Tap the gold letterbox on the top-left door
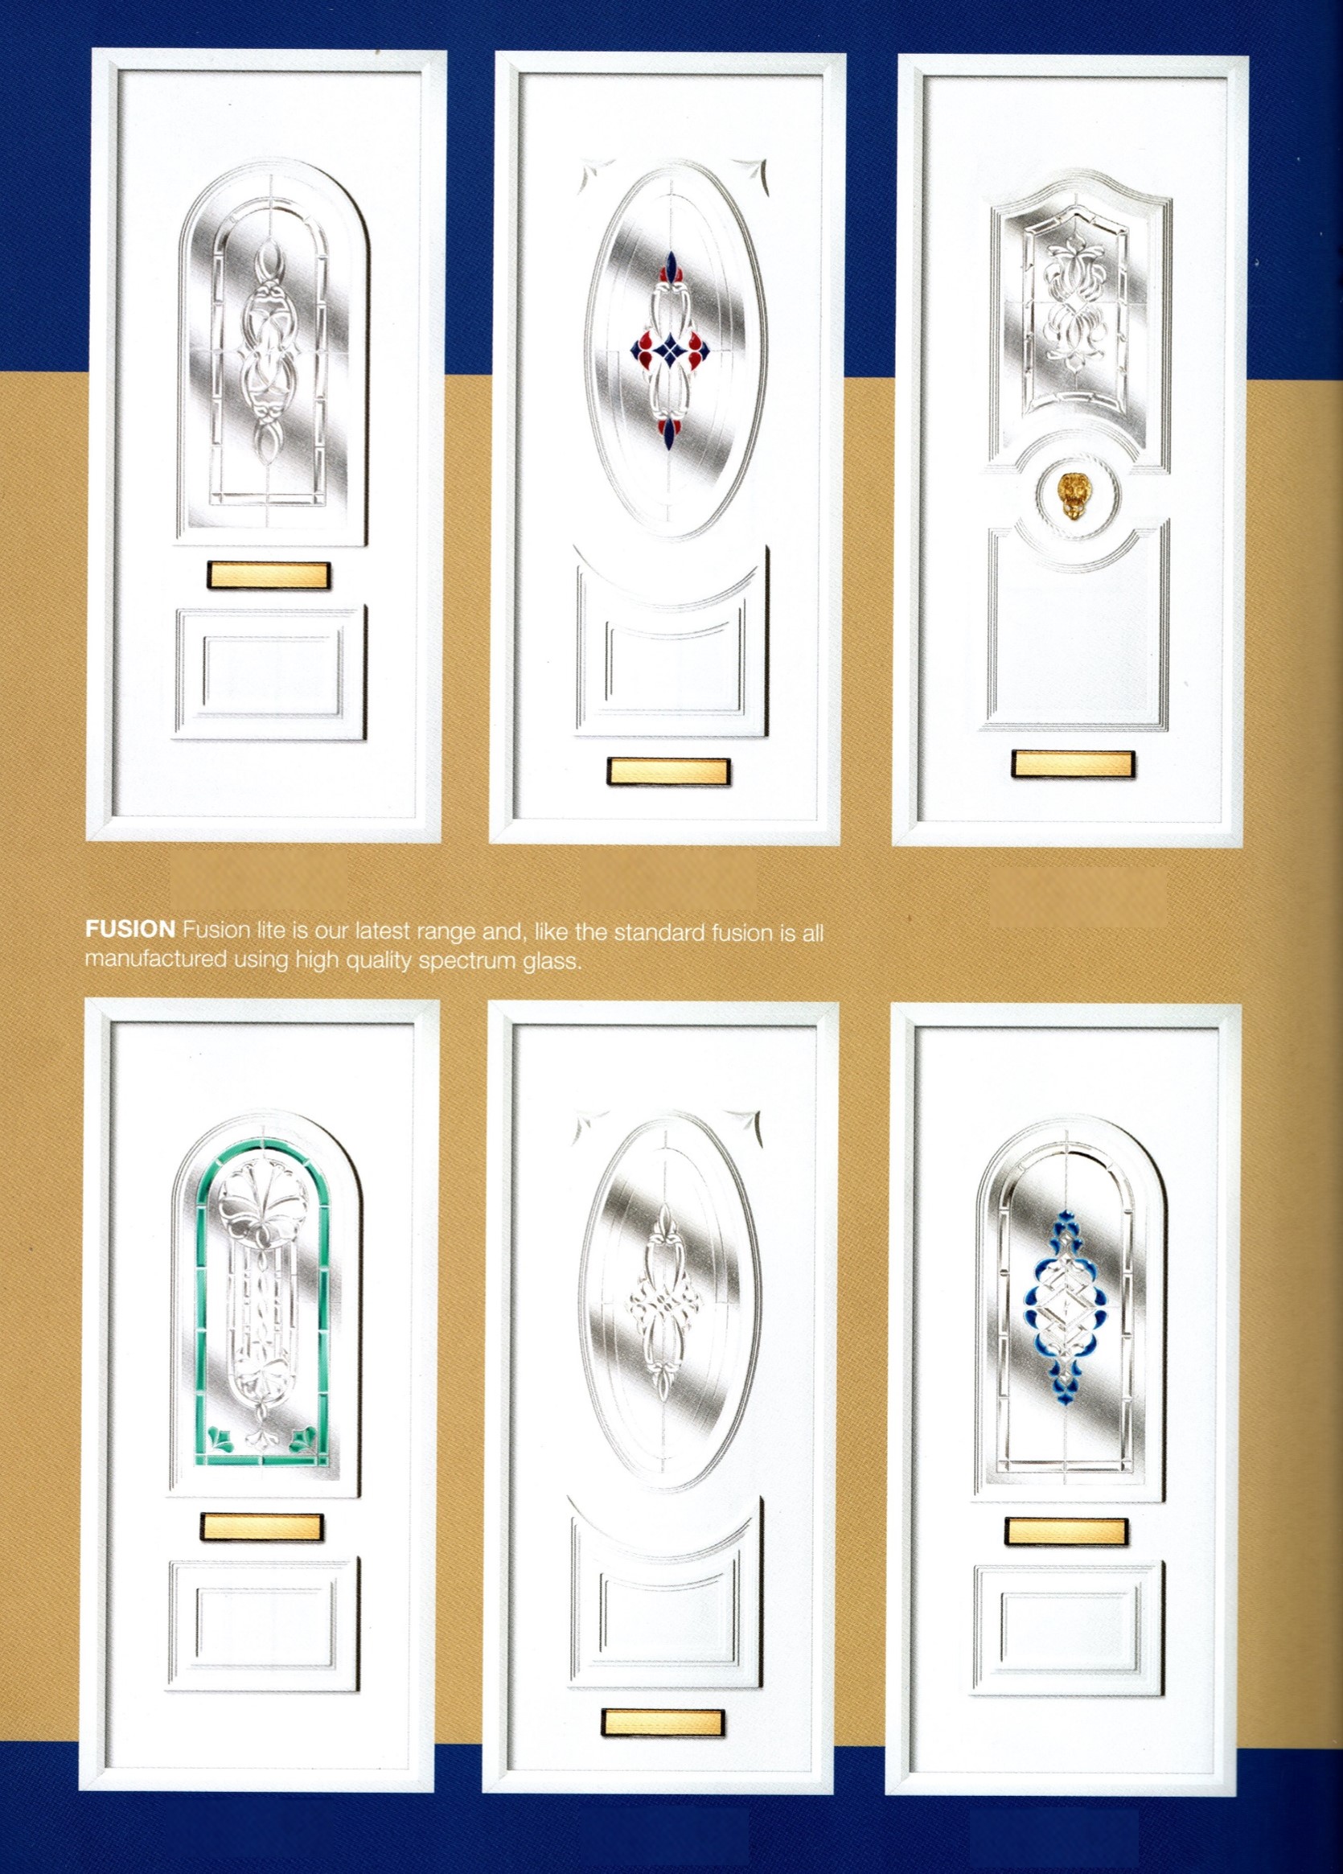pos(269,575)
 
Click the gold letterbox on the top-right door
pos(1073,763)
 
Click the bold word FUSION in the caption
pos(129,930)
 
